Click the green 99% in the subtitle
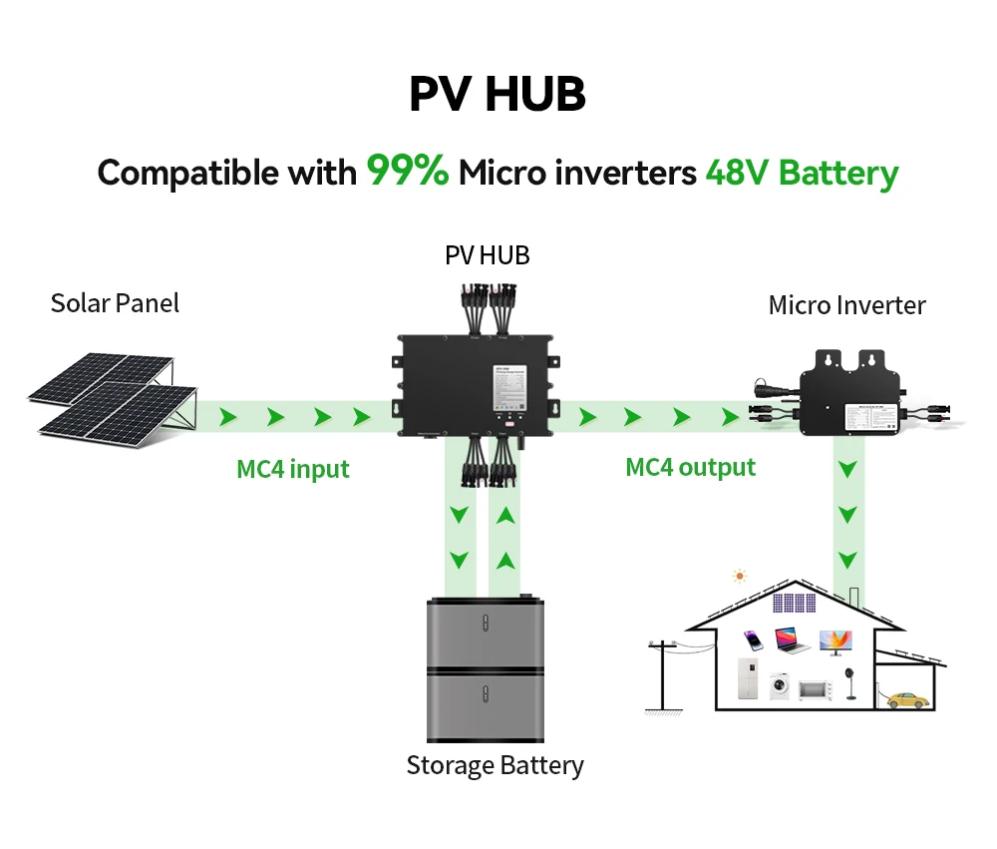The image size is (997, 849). [408, 172]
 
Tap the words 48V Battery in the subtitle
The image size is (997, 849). [802, 173]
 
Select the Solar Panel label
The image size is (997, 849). [115, 302]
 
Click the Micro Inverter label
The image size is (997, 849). [846, 305]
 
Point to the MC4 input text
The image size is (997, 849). [293, 468]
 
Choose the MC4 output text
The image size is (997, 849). [690, 466]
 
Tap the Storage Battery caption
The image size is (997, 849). [495, 765]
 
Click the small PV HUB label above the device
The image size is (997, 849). [487, 255]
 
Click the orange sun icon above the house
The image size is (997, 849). [739, 576]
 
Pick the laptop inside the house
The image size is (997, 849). [793, 640]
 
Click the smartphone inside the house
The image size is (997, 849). [754, 639]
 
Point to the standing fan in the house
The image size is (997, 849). [851, 680]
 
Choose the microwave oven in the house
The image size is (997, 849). [815, 689]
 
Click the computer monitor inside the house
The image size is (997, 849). [832, 641]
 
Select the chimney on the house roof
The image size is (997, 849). [855, 596]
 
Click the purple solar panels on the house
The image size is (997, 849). [794, 603]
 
